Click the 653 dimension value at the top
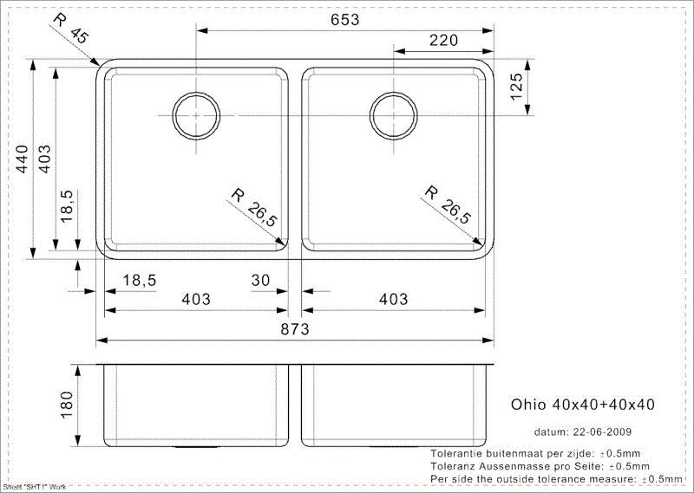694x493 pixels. coord(344,20)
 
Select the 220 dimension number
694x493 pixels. coord(443,41)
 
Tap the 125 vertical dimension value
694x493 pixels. coord(516,87)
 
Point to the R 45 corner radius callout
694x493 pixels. coord(70,28)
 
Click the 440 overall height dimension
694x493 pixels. coord(23,159)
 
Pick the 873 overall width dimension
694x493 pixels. coord(295,329)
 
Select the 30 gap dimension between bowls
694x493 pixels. coord(260,280)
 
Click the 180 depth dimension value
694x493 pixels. coord(67,405)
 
